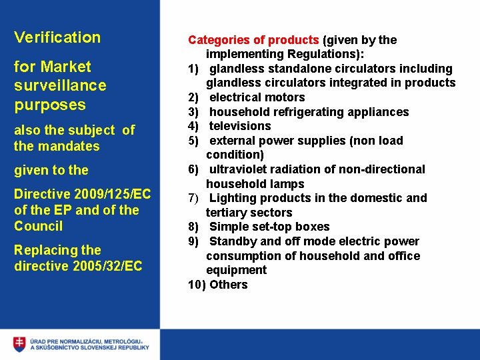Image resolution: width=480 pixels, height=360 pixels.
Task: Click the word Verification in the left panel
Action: coord(57,37)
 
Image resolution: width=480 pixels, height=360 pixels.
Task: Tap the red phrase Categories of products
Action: coord(253,40)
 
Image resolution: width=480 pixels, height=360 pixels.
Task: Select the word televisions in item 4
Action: coord(240,126)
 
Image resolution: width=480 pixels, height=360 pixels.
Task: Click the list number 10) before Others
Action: coord(197,285)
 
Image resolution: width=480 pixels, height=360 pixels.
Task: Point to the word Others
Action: coord(229,285)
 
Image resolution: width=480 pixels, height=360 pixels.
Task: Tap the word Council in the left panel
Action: coord(39,226)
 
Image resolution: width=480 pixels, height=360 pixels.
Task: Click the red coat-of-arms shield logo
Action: coord(19,344)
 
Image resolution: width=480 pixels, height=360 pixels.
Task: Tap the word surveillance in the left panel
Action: coord(60,85)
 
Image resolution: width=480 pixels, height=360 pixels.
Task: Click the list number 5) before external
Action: coord(193,141)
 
